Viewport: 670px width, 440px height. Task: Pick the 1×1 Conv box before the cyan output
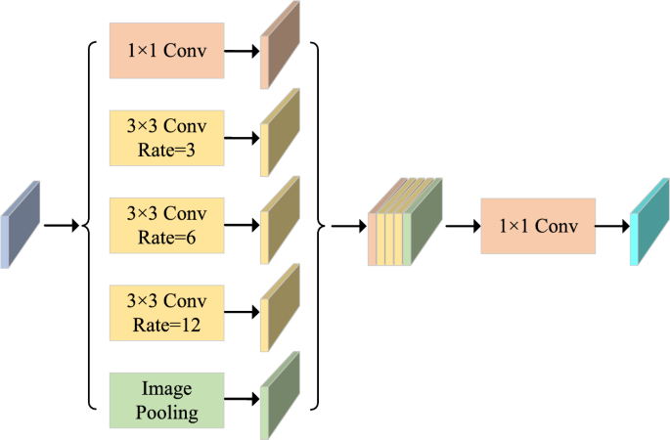[537, 226]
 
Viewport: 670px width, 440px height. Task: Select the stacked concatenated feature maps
[406, 224]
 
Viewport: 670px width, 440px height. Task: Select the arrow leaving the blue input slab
[61, 226]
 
